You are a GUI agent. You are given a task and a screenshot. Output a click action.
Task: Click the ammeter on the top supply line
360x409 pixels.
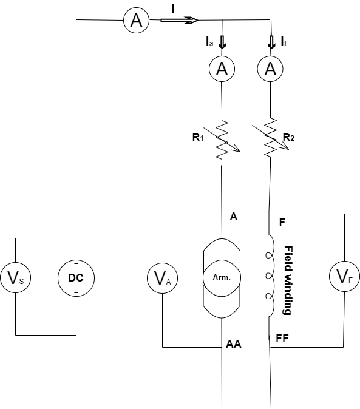[137, 21]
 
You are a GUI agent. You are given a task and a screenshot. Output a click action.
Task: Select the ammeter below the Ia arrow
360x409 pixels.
[222, 70]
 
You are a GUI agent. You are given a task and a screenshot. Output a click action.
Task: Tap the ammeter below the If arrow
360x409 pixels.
[270, 70]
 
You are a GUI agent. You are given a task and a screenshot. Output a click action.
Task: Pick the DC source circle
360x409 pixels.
[76, 279]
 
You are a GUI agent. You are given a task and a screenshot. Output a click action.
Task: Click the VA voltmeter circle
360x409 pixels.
[160, 279]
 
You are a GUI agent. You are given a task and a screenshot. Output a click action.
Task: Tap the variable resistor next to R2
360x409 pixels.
[270, 140]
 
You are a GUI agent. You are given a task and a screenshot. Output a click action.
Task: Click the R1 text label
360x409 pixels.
[197, 137]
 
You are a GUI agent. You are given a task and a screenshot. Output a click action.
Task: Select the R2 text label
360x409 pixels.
[290, 137]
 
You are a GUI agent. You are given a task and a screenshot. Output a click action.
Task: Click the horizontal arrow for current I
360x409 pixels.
[180, 20]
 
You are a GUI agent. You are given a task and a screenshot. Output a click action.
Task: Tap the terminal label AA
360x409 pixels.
[234, 344]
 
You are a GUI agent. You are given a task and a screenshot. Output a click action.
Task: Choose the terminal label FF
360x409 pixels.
[282, 338]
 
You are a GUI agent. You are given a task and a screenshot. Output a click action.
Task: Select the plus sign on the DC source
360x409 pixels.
[76, 265]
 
